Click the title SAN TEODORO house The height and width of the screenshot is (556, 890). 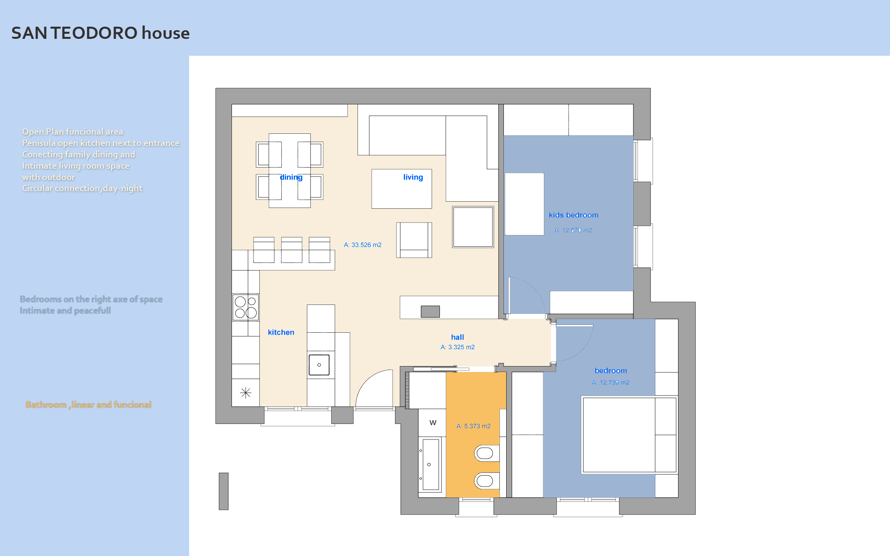point(100,33)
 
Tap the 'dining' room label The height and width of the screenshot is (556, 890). point(291,177)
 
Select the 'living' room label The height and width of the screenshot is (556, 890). point(413,177)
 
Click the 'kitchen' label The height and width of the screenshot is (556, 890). point(281,332)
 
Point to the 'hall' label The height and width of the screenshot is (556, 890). point(458,337)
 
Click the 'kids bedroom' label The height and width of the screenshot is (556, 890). point(574,215)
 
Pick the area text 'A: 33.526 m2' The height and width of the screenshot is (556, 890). point(363,245)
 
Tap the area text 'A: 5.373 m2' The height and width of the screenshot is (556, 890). point(474,426)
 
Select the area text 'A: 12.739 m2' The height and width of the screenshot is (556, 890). point(611,383)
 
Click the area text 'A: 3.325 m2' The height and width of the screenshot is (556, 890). point(458,347)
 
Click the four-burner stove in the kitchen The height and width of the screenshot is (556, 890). point(246,307)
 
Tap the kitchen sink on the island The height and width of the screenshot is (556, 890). point(319,365)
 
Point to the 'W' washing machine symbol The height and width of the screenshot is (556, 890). point(433,423)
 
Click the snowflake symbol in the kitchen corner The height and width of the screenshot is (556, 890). point(246,393)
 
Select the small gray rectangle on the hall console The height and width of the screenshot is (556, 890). point(430,312)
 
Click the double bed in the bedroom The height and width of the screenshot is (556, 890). point(629,435)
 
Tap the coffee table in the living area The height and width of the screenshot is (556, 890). point(402,189)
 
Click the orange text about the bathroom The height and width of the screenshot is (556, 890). point(88,405)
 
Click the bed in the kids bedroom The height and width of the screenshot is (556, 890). point(524,204)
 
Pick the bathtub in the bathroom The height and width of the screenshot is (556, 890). point(430,465)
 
